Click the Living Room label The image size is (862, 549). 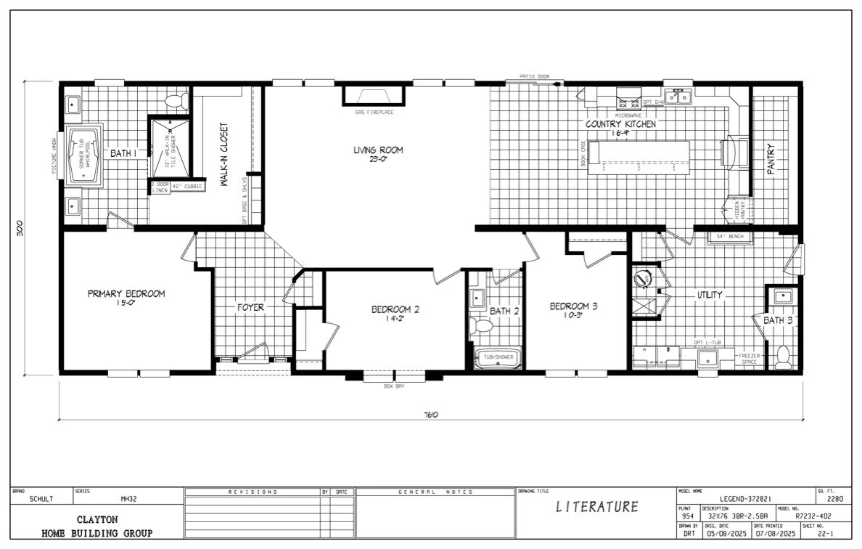click(378, 150)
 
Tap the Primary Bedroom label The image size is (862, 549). click(126, 294)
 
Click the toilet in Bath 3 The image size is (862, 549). click(782, 357)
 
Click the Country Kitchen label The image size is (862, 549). click(620, 124)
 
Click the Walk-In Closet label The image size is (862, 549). click(224, 153)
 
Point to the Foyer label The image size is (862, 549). click(250, 307)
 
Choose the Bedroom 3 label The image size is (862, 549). click(573, 306)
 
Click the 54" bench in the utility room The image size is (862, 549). click(731, 237)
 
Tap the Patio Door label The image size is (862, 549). click(533, 76)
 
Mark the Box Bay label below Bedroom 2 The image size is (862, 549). click(394, 386)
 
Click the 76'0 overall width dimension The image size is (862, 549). click(431, 415)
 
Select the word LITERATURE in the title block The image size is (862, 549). click(597, 507)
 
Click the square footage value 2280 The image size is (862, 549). click(834, 500)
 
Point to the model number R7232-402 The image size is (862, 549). click(813, 516)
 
